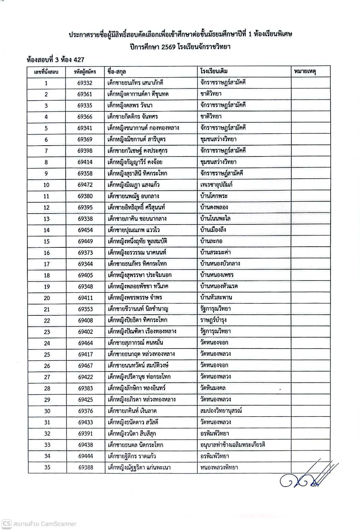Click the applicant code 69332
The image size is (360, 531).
pos(85,83)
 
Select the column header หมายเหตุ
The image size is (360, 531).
pos(305,71)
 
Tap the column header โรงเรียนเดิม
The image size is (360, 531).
pos(214,71)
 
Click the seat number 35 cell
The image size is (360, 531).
pos(47,467)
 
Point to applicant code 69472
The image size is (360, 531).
pos(85,185)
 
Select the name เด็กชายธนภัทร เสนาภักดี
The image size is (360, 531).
pos(135,83)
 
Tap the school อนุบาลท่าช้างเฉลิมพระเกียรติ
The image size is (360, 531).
pos(233,445)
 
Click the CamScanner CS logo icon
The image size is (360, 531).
pos(6,523)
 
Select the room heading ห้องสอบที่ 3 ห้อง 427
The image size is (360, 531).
pos(55,60)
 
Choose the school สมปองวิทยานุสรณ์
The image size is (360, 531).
pos(221,411)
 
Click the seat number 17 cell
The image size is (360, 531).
pos(46,264)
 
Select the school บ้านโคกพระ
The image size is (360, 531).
pos(214,196)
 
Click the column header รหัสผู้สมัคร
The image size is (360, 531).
pos(85,72)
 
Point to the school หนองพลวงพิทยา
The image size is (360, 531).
pos(219,467)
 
